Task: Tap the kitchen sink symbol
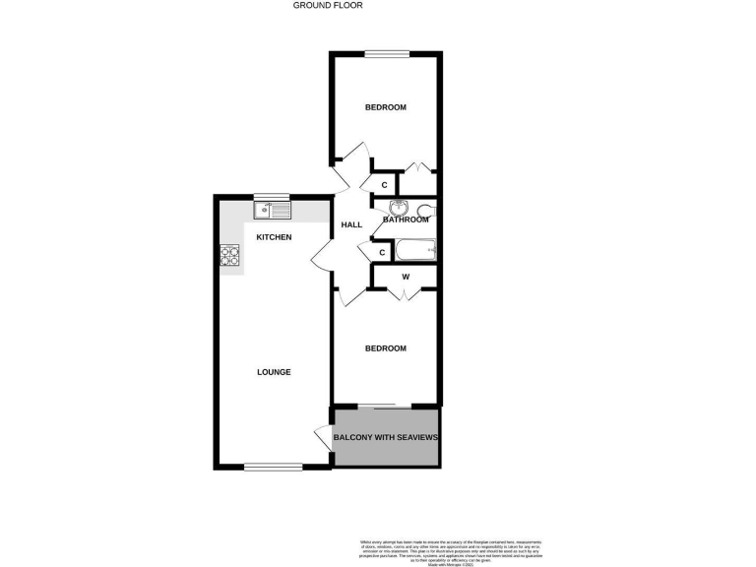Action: (x=271, y=210)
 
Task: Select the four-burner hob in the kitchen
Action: (x=229, y=255)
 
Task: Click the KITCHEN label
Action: (x=274, y=238)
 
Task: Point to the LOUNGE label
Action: (x=274, y=372)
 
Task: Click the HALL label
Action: (x=351, y=225)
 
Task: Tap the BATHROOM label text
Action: (x=407, y=220)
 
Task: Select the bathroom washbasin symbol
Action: (x=399, y=208)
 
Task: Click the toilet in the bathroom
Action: (x=424, y=210)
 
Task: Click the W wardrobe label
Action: (x=405, y=277)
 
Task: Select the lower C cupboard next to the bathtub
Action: (x=382, y=253)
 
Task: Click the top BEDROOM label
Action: (x=385, y=107)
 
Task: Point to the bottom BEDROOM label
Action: (x=385, y=348)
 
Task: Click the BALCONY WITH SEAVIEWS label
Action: (x=385, y=437)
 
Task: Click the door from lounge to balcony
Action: (x=322, y=436)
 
